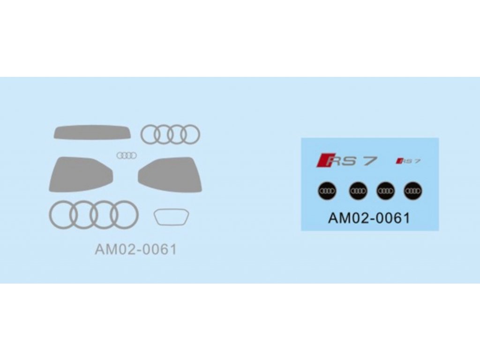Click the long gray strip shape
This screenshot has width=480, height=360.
click(91, 132)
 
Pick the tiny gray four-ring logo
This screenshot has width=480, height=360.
click(126, 156)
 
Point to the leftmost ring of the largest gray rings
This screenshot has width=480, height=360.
click(62, 215)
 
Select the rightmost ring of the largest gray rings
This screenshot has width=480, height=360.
click(125, 215)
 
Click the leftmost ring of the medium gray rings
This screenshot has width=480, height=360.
click(150, 135)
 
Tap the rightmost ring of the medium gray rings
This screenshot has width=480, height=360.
click(190, 135)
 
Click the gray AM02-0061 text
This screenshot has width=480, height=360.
click(136, 249)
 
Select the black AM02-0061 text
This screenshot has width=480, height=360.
click(369, 218)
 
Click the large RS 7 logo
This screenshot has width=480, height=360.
click(347, 161)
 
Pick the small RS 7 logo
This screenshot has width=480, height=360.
click(408, 161)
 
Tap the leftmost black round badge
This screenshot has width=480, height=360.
click(326, 190)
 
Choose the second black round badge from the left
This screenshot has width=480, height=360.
click(358, 190)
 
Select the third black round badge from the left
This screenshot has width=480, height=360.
click(385, 190)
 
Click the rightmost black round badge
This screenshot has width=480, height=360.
click(413, 190)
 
